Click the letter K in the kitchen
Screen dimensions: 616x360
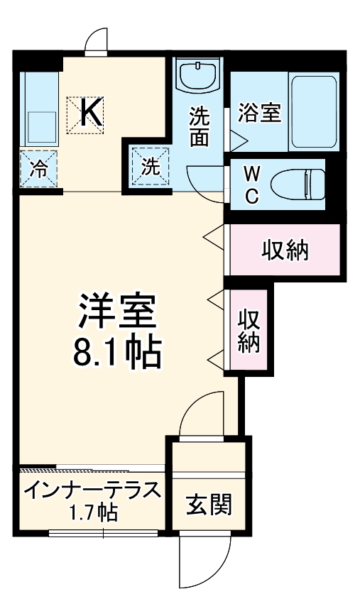point(90,112)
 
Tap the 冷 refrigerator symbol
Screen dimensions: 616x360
point(40,169)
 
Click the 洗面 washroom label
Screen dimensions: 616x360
point(200,126)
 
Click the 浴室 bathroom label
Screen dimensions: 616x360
point(259,113)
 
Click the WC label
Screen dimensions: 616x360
point(252,185)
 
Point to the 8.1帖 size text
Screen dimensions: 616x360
point(117,352)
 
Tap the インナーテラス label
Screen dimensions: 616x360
point(91,491)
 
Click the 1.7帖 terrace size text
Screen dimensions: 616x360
point(93,513)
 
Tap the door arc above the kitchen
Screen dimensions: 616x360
point(96,43)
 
